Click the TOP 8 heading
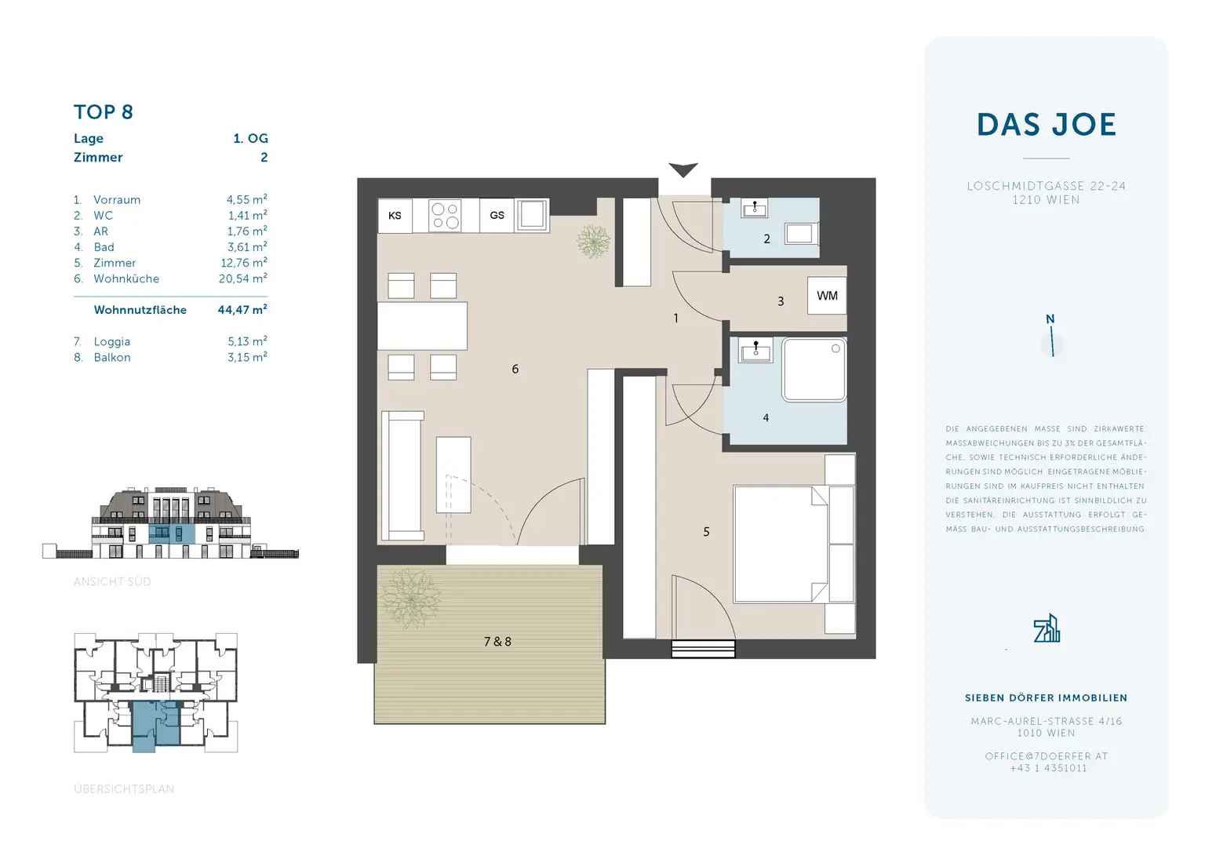pos(104,112)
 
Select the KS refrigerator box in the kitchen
pos(395,216)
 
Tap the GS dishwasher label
pos(497,215)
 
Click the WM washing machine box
pos(827,296)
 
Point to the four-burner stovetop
pos(445,216)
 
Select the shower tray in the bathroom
pos(814,370)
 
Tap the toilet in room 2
pos(799,233)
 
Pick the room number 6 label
pos(515,369)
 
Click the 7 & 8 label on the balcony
pos(497,642)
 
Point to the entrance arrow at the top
pos(683,169)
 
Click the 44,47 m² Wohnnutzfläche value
pos(242,310)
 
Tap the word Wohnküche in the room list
pos(126,279)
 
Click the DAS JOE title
pos(1046,125)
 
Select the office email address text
pos(1046,756)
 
